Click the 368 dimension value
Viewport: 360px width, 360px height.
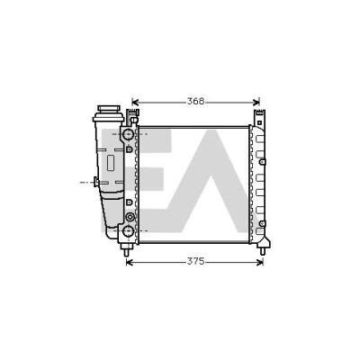point(195,102)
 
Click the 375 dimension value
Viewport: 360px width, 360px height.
point(195,262)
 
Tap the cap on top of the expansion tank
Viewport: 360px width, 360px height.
point(109,109)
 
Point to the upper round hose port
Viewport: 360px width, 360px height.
point(128,133)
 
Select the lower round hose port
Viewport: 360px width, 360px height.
point(128,230)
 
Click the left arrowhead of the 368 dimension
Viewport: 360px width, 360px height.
point(135,103)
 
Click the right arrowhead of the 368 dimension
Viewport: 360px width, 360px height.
point(256,103)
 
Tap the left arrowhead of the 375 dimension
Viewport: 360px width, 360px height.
point(130,263)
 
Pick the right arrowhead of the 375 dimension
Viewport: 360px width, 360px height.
point(260,263)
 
